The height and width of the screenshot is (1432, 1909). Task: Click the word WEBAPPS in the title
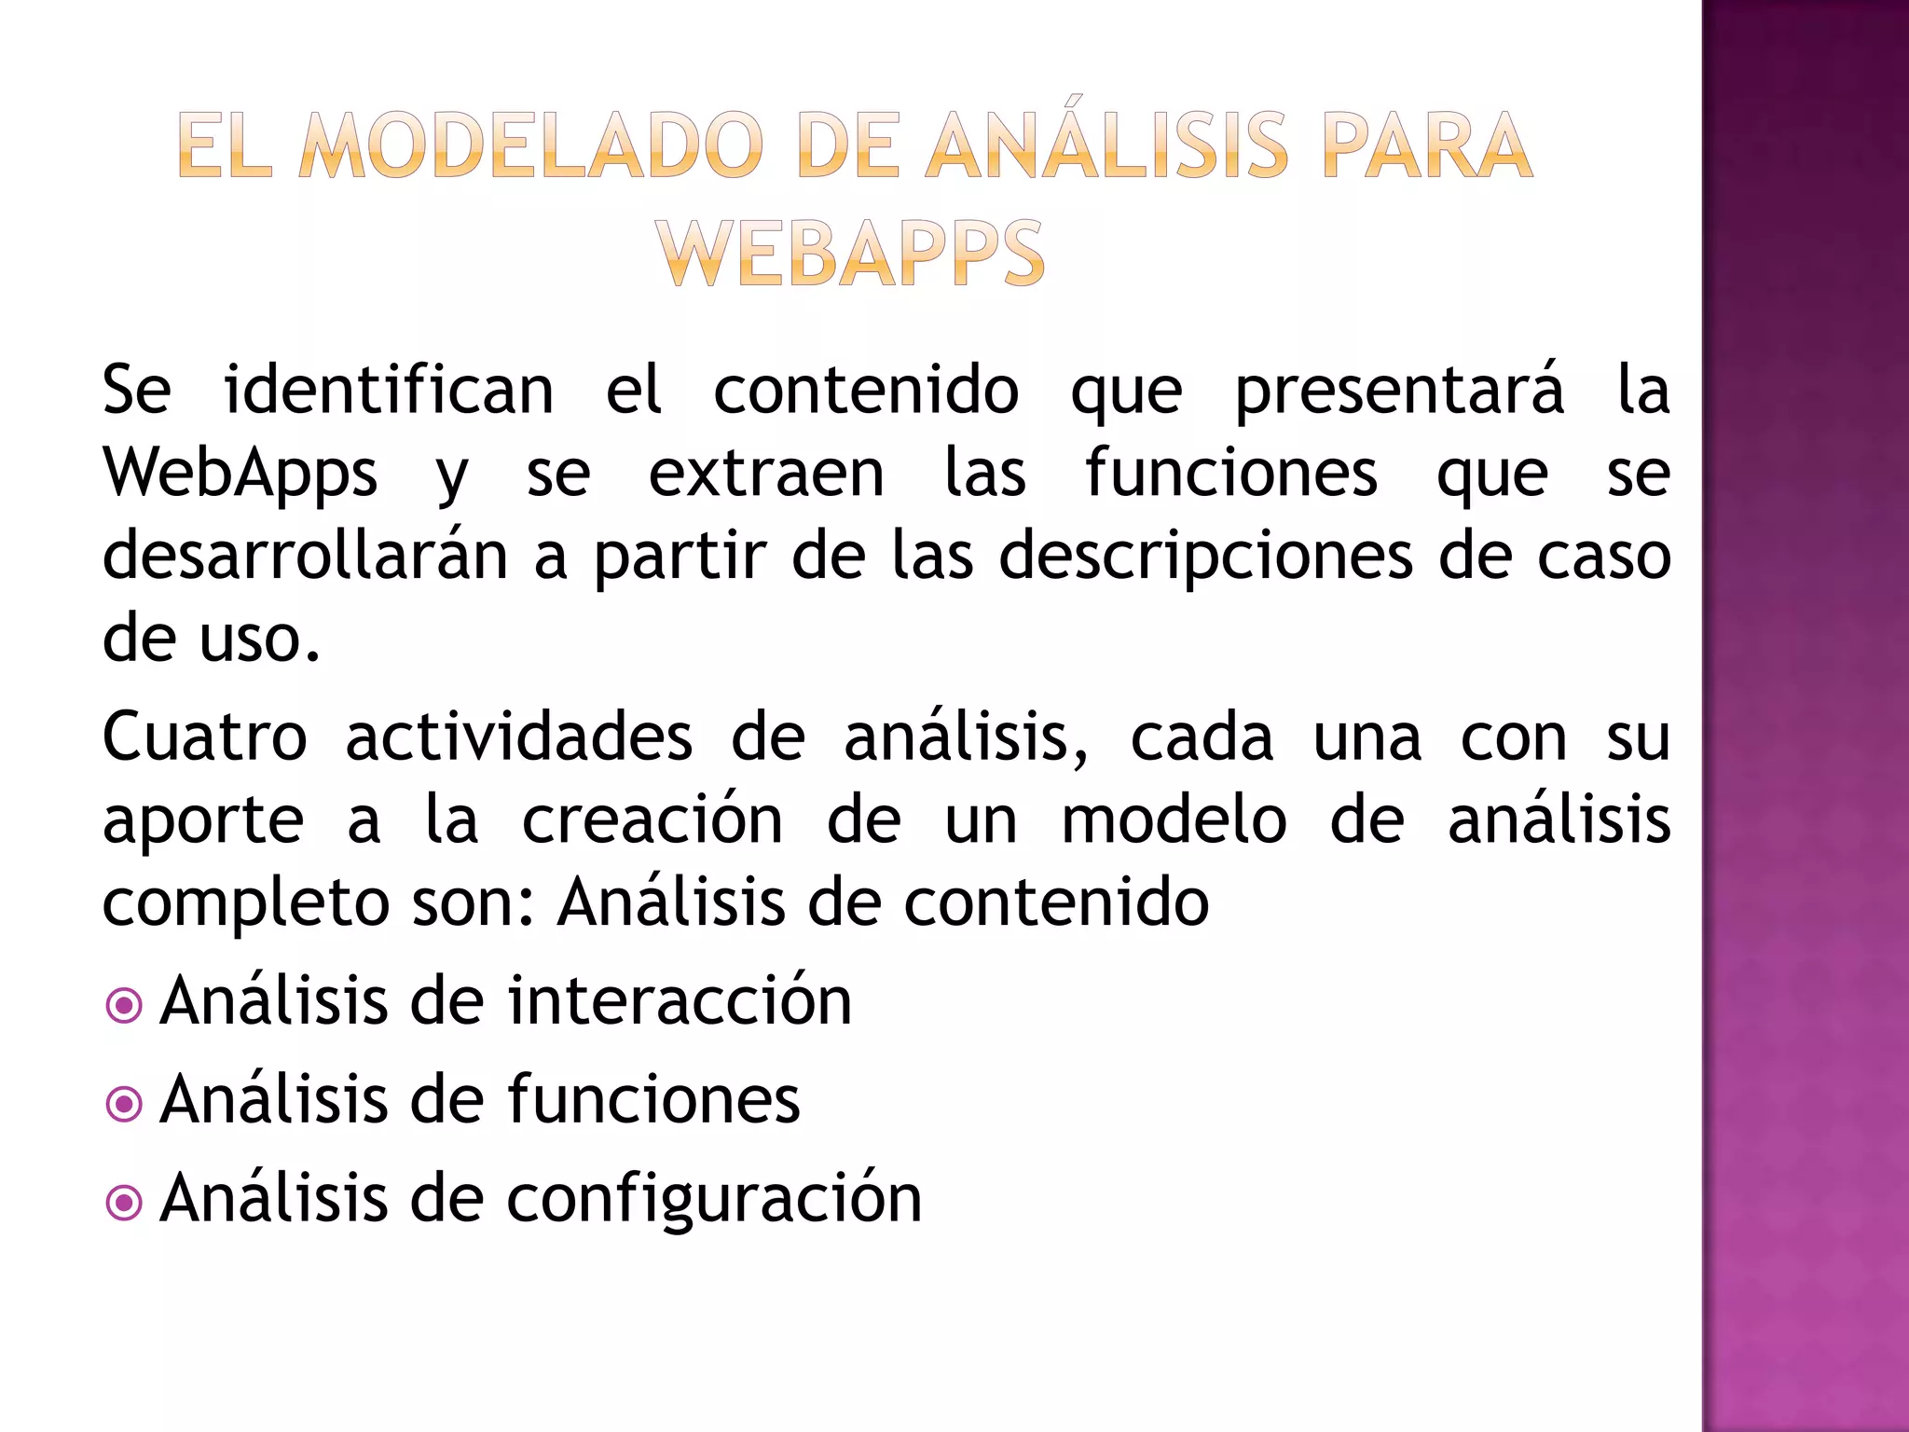coord(849,254)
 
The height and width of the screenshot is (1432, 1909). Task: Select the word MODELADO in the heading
coord(531,145)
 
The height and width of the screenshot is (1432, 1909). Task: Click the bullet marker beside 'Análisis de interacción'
coord(124,1006)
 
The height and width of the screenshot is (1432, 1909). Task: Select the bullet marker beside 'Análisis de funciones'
coord(124,1105)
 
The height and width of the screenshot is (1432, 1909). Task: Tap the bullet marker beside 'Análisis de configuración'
coord(124,1203)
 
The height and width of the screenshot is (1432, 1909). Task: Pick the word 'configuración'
coord(714,1199)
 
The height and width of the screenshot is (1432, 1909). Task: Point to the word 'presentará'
coord(1399,392)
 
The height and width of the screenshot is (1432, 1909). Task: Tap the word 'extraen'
coord(766,474)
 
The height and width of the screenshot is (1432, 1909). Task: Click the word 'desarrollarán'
coord(305,556)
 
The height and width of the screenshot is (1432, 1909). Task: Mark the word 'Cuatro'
coord(204,737)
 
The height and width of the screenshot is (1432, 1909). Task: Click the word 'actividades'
coord(519,737)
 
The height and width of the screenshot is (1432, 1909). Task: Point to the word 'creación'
coord(652,820)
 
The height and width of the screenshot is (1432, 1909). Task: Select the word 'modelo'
coord(1174,820)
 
